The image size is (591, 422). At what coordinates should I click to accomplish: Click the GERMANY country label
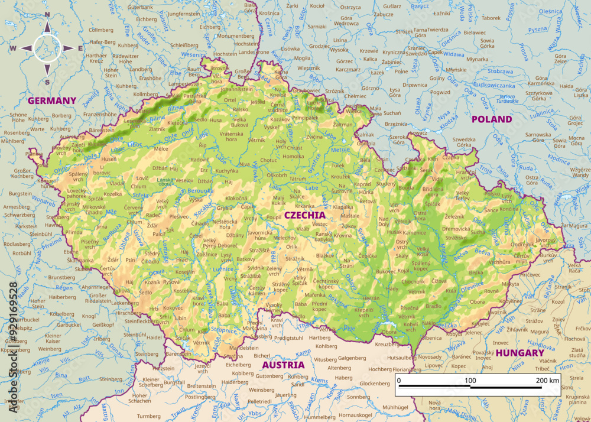pyautogui.click(x=52, y=100)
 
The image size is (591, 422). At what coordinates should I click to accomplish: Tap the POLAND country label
pyautogui.click(x=492, y=119)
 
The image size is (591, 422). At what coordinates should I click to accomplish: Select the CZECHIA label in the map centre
pyautogui.click(x=305, y=215)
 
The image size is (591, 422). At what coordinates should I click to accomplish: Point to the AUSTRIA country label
pyautogui.click(x=283, y=365)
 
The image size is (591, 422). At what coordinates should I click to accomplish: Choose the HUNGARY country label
pyautogui.click(x=520, y=353)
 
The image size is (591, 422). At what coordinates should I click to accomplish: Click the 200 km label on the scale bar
pyautogui.click(x=547, y=380)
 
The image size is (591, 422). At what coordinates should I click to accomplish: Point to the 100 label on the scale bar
pyautogui.click(x=470, y=380)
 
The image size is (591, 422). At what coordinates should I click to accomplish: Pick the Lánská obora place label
pyautogui.click(x=164, y=183)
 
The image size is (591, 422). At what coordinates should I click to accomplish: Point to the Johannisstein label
pyautogui.click(x=237, y=89)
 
